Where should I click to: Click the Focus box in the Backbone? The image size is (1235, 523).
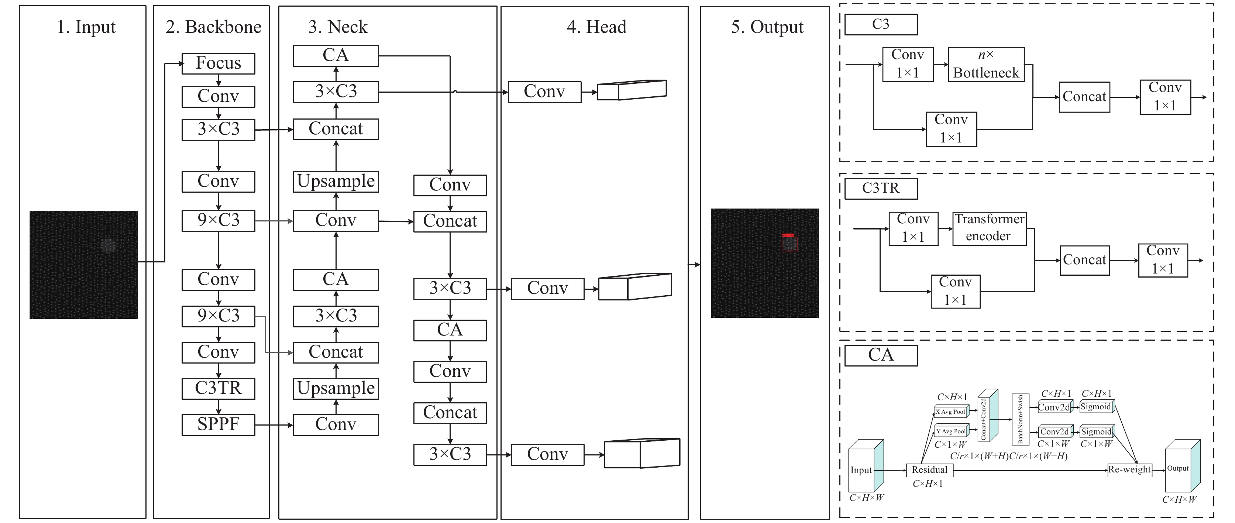pyautogui.click(x=218, y=63)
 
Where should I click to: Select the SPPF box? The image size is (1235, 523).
pyautogui.click(x=218, y=425)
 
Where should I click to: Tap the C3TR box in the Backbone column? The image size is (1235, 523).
pyautogui.click(x=218, y=388)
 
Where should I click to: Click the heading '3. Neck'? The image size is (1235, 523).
pyautogui.click(x=338, y=27)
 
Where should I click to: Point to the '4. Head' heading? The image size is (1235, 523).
pyautogui.click(x=596, y=27)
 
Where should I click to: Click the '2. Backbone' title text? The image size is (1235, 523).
pyautogui.click(x=214, y=27)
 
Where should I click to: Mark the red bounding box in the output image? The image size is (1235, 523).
pyautogui.click(x=789, y=242)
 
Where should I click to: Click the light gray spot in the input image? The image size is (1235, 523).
pyautogui.click(x=109, y=245)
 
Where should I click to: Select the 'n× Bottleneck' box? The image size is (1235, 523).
pyautogui.click(x=986, y=64)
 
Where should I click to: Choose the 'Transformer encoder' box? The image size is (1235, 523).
pyautogui.click(x=990, y=229)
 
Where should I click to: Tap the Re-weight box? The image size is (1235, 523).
pyautogui.click(x=1129, y=470)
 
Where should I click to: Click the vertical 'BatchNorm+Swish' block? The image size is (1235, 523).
pyautogui.click(x=1020, y=419)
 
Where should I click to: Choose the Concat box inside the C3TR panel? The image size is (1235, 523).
pyautogui.click(x=1084, y=260)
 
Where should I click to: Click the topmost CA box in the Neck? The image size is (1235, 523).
pyautogui.click(x=336, y=56)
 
